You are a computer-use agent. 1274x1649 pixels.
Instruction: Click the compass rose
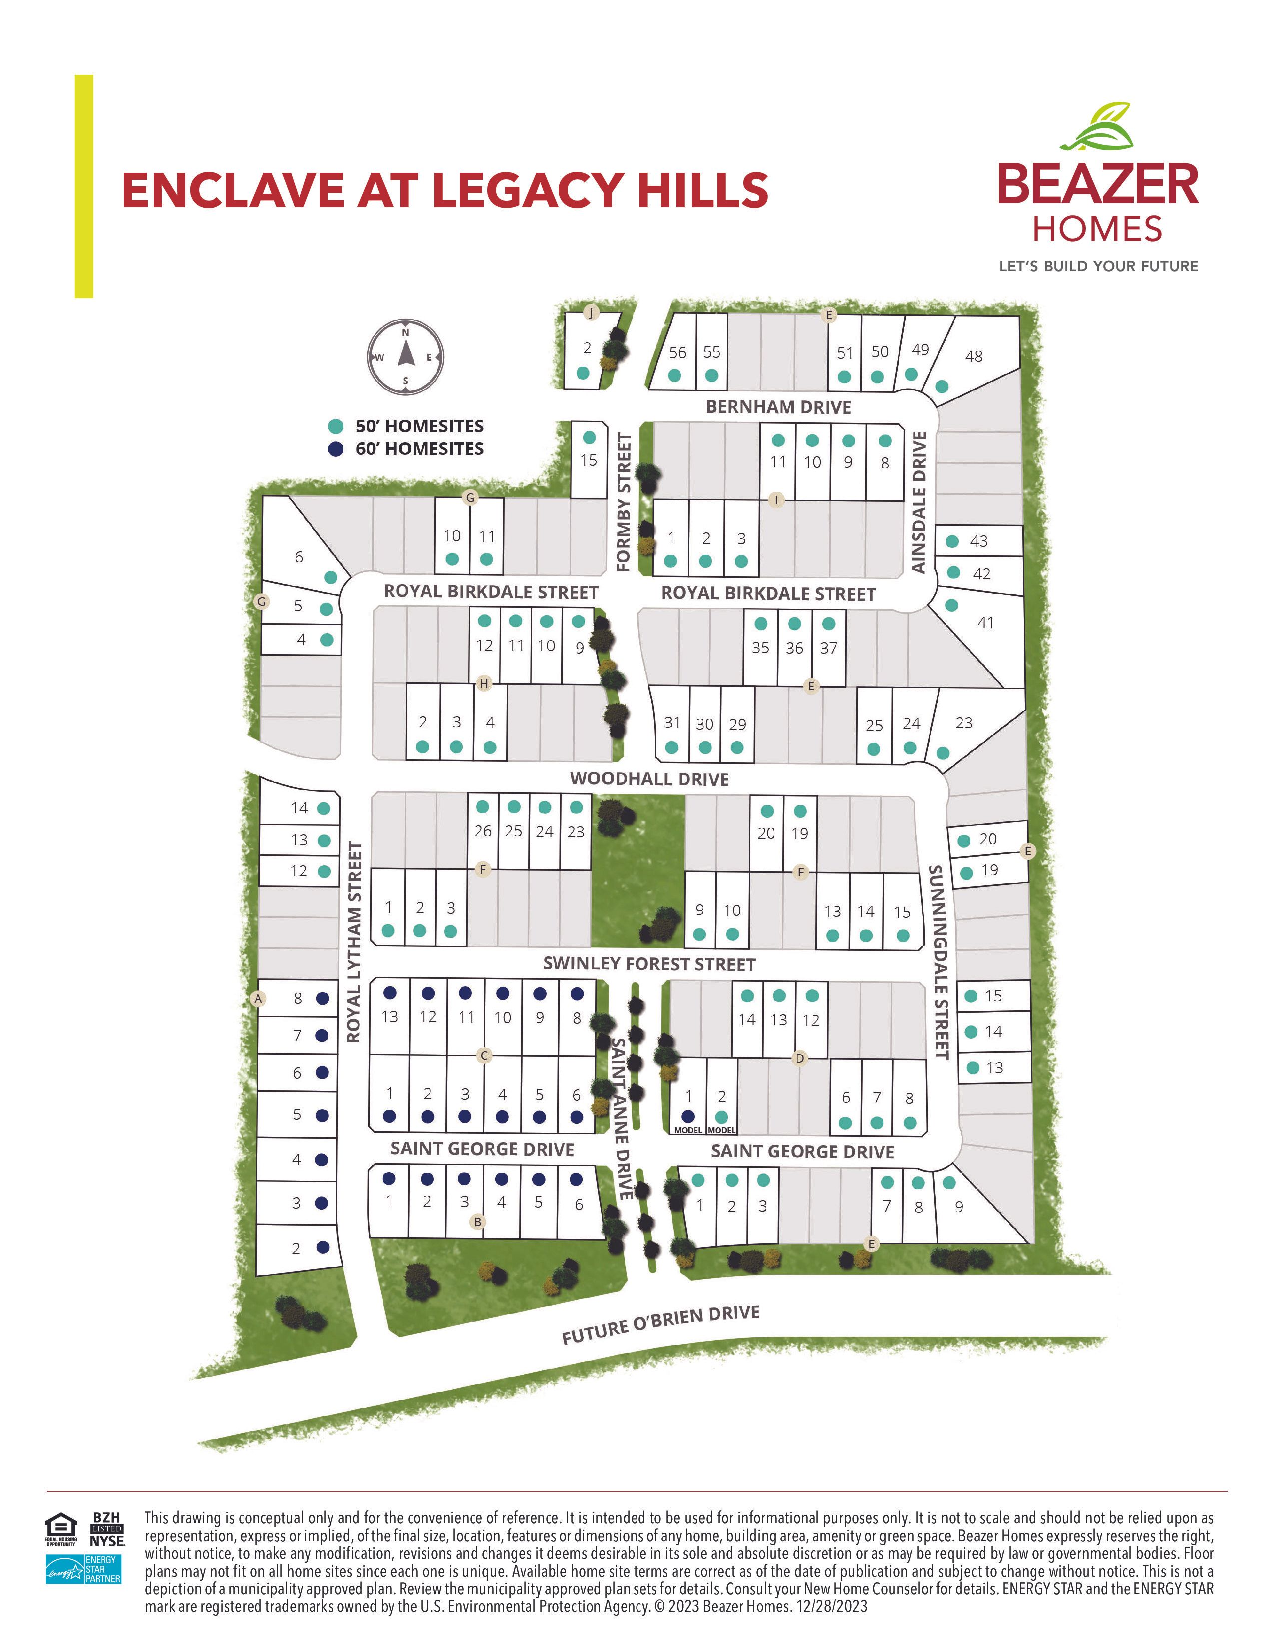405,357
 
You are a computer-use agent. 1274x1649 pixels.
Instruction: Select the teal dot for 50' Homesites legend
336,427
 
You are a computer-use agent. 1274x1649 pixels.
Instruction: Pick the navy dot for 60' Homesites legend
336,449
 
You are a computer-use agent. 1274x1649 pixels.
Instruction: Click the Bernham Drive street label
778,407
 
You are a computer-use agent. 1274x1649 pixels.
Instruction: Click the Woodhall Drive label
649,779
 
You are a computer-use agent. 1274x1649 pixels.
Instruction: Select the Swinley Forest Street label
649,964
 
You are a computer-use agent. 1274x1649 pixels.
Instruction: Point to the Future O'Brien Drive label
660,1324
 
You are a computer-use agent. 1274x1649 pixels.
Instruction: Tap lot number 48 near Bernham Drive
974,356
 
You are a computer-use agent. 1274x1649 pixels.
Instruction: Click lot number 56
678,353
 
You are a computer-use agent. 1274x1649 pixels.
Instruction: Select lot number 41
985,623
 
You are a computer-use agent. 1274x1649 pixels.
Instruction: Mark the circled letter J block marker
592,313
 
